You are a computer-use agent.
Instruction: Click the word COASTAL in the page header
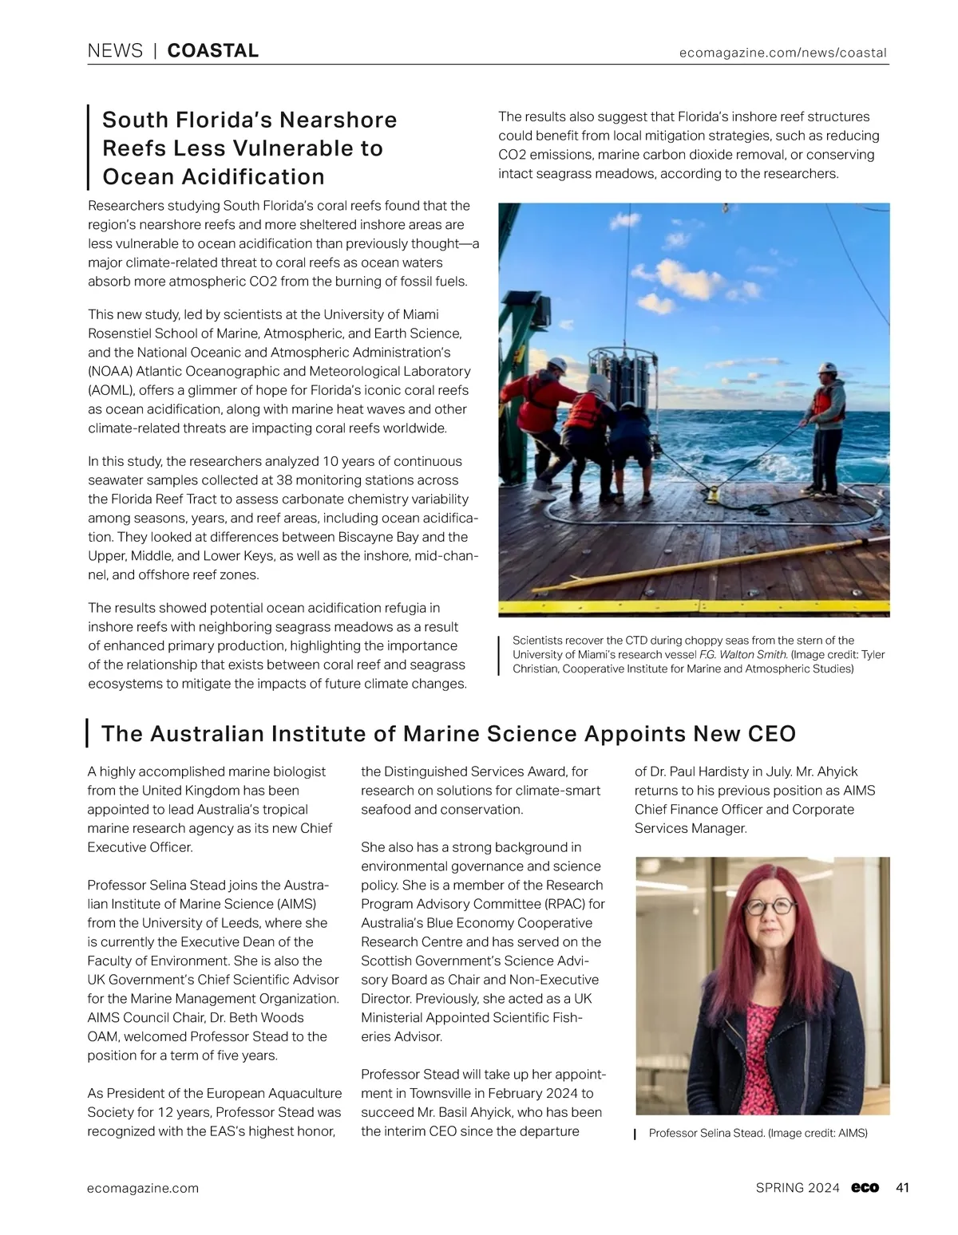pos(213,51)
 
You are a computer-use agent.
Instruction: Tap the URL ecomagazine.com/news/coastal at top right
pos(782,53)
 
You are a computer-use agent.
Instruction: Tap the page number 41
pos(902,1188)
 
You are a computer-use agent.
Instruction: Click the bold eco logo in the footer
pos(865,1188)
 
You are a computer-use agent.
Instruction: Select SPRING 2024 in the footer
pos(797,1188)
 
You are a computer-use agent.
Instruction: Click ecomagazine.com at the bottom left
pos(143,1188)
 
